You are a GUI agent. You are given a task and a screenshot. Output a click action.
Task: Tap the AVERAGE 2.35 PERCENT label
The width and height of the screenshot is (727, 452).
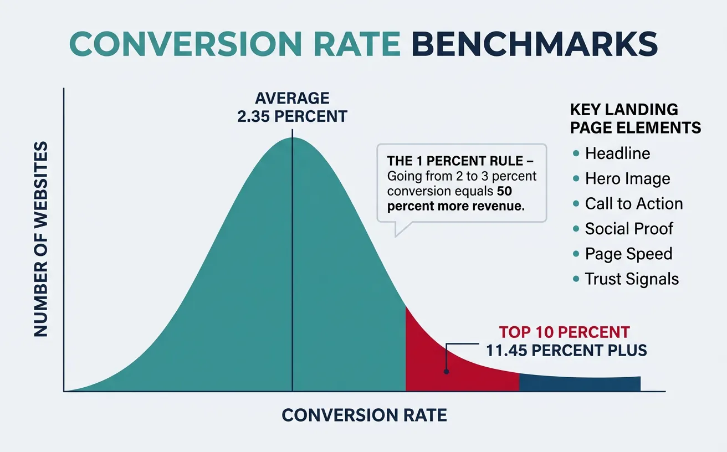coord(293,107)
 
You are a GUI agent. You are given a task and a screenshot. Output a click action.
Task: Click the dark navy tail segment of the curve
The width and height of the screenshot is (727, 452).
coord(579,383)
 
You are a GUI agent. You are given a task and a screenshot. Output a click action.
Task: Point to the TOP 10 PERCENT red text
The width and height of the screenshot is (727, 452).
coord(564,332)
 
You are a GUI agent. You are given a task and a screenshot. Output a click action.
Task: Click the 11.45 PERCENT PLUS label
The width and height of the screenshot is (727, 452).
coord(566,351)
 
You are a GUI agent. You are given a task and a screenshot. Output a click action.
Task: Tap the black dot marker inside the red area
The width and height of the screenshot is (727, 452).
coord(447,373)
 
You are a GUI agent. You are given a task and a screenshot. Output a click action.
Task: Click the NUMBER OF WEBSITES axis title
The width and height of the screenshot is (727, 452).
coord(41,239)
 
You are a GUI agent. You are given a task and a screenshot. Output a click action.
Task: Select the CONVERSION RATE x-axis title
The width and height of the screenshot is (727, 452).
coord(364,415)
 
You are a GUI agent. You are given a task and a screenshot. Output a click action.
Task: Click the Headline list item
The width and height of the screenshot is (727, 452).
coord(617,153)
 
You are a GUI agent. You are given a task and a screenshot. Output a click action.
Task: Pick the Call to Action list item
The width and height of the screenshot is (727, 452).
coord(633,204)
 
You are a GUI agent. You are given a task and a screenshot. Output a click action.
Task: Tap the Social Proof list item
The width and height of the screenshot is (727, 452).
coord(629,229)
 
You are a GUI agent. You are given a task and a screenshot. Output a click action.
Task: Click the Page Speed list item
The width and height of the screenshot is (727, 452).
coord(628,254)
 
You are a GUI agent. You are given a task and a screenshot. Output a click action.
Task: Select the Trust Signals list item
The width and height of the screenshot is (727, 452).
coord(632,279)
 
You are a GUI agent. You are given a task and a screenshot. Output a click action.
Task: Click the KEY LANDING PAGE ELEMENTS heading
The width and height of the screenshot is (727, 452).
coord(635,119)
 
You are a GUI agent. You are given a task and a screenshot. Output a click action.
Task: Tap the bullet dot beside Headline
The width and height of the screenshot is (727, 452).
coord(576,153)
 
